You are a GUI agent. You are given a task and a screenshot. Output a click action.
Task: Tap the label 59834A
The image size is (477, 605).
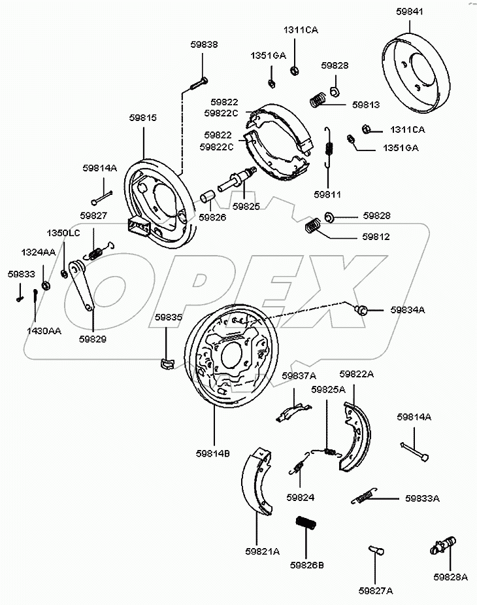coord(407,309)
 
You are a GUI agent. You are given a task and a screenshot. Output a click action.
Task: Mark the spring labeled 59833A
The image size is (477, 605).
coord(364,496)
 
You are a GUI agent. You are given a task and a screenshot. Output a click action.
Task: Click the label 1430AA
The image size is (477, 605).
coord(44,331)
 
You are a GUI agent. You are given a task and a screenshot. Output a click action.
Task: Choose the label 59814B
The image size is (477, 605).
coord(213,453)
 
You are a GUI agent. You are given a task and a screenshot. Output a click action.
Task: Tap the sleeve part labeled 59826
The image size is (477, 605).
coord(208,197)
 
